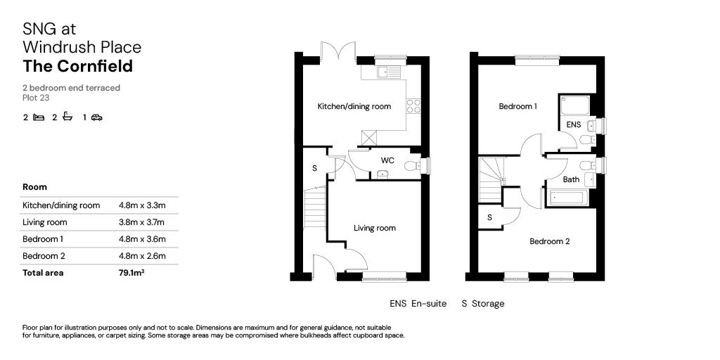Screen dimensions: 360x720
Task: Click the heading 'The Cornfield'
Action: click(77, 67)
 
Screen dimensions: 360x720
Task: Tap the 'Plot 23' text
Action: click(36, 98)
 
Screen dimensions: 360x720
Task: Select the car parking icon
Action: click(96, 117)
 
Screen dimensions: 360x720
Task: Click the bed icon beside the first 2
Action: click(39, 117)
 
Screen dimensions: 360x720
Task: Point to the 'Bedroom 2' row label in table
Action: click(44, 256)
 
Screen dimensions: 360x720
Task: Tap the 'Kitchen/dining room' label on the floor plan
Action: click(354, 107)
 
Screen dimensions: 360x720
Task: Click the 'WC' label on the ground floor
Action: click(387, 160)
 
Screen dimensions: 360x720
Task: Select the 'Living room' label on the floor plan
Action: click(374, 228)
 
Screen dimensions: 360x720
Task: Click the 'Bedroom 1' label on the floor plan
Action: click(517, 107)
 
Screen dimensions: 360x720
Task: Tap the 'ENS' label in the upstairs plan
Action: click(574, 124)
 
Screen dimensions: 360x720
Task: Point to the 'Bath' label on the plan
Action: click(572, 179)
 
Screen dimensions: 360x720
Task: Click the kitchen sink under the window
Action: click(388, 71)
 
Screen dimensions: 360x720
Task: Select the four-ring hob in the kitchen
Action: click(414, 106)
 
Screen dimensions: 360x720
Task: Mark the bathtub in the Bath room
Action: click(571, 197)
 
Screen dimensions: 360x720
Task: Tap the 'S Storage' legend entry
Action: click(483, 304)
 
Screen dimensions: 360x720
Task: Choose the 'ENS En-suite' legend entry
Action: click(418, 304)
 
